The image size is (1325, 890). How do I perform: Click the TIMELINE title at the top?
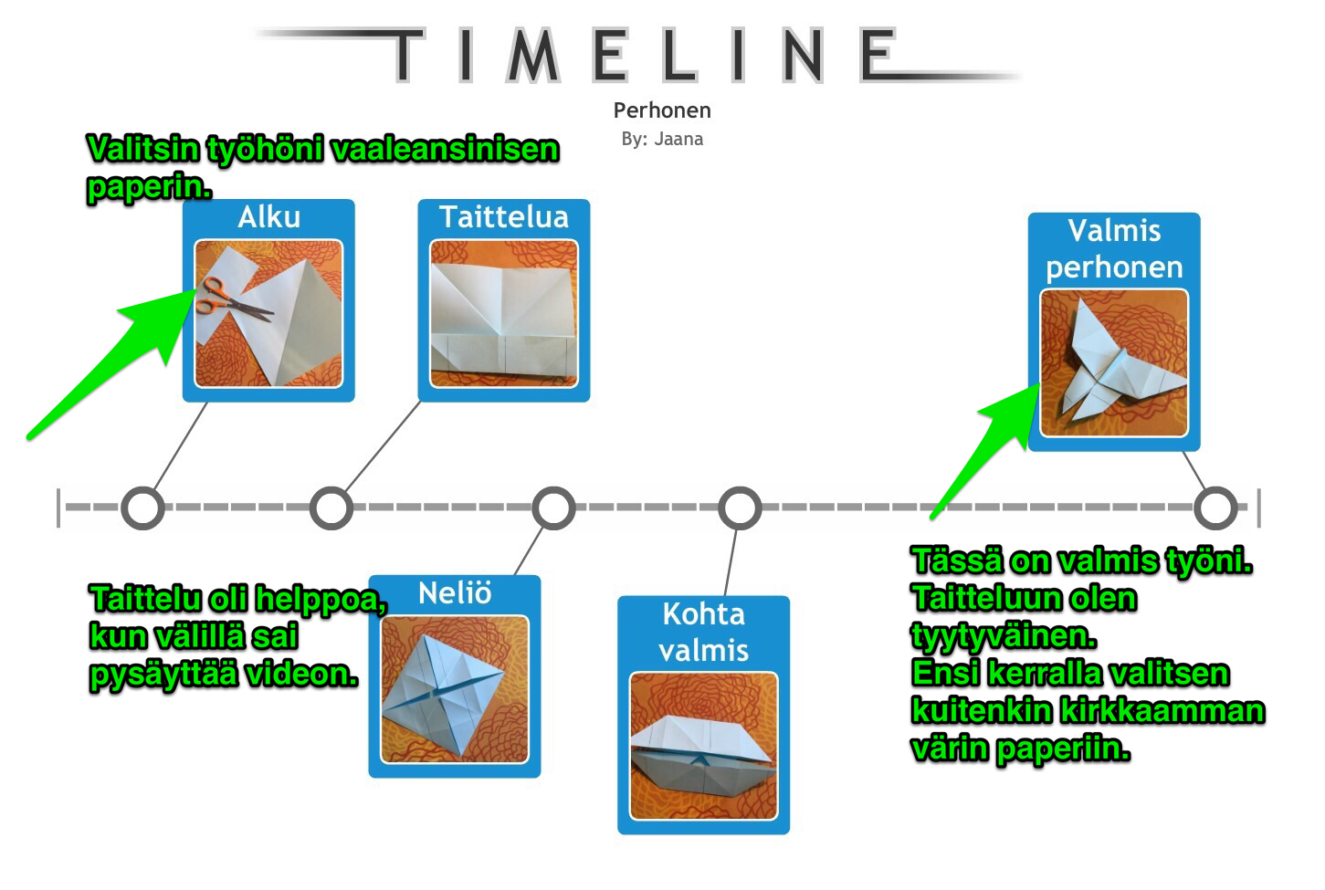click(644, 55)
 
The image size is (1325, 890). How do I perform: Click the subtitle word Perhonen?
click(662, 110)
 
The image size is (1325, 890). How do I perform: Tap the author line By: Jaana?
click(662, 139)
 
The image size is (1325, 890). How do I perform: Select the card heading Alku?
click(269, 217)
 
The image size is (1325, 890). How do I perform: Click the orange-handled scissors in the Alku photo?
click(235, 299)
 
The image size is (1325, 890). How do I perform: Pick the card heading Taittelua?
click(504, 217)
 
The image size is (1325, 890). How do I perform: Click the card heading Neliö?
click(454, 592)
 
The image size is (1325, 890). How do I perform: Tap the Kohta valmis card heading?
click(703, 633)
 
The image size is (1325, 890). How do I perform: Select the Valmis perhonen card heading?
click(1114, 248)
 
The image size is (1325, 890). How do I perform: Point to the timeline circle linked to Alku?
click(142, 508)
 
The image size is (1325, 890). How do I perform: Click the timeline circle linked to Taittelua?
click(331, 508)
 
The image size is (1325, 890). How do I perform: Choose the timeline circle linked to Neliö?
click(553, 508)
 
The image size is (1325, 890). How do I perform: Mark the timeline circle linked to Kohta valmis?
click(740, 508)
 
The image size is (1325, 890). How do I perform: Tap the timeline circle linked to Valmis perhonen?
click(1215, 508)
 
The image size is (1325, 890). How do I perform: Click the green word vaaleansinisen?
click(445, 149)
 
